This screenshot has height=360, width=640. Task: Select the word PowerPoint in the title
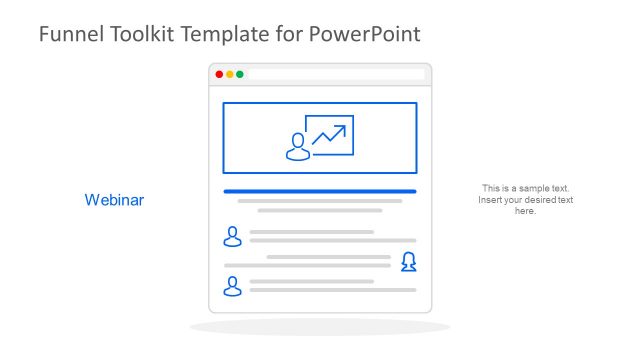click(363, 34)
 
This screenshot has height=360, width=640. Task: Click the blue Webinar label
click(114, 200)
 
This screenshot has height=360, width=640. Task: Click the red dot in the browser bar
click(219, 74)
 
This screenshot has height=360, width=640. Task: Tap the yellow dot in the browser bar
click(229, 74)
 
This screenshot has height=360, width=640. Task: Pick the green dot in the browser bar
click(240, 74)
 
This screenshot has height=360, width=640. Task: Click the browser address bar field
click(335, 74)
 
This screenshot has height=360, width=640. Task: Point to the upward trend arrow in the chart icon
click(331, 134)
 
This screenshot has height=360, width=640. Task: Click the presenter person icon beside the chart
click(297, 147)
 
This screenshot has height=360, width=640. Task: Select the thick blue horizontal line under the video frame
click(319, 191)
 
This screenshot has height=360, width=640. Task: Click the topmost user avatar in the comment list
click(233, 236)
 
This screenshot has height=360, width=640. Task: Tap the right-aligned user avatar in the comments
click(408, 262)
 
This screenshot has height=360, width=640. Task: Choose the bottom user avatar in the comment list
click(233, 287)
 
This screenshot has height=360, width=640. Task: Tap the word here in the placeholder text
click(525, 211)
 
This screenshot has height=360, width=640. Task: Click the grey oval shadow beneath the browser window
click(319, 327)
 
